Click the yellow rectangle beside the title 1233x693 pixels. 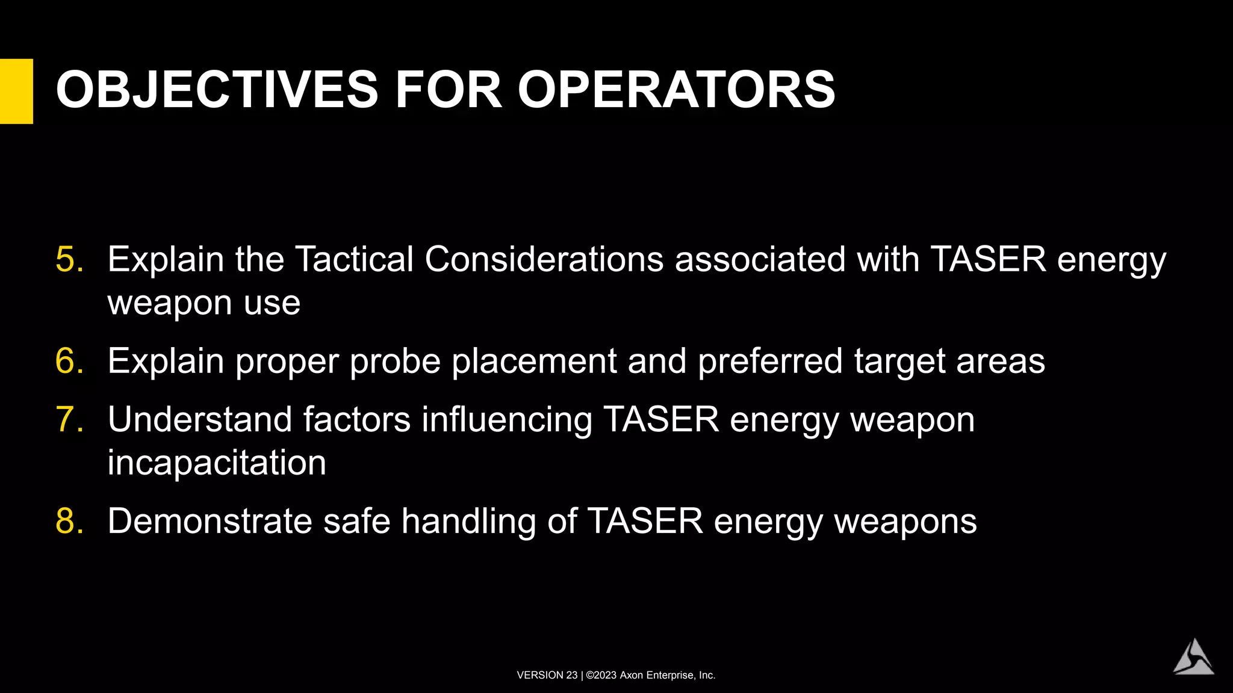click(x=16, y=91)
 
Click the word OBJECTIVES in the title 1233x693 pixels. click(x=217, y=90)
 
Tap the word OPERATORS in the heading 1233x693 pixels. click(x=676, y=90)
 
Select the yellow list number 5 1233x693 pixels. click(x=69, y=259)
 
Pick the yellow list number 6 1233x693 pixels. click(x=69, y=361)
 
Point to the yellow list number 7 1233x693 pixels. click(x=69, y=419)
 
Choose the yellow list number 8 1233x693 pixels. click(x=69, y=521)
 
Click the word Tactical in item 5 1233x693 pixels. click(x=354, y=259)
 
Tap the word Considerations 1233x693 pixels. click(x=544, y=259)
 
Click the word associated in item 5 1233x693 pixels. click(x=760, y=259)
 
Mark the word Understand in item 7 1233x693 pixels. click(x=199, y=419)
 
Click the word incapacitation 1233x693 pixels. click(x=217, y=463)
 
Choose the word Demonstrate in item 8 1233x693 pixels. click(x=210, y=521)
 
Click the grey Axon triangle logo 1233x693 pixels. click(x=1193, y=658)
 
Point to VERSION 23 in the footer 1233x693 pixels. click(x=547, y=675)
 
